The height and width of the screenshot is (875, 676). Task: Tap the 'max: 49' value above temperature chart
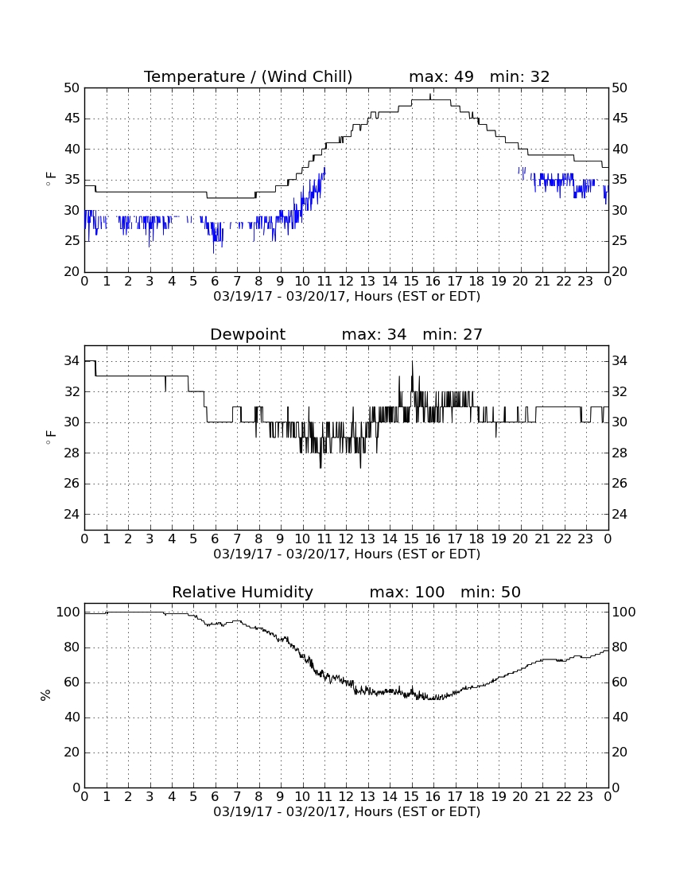point(441,76)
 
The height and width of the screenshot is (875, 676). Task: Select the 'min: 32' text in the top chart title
point(520,76)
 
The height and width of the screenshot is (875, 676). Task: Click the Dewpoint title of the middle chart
point(247,335)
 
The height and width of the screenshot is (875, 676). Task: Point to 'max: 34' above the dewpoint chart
point(375,334)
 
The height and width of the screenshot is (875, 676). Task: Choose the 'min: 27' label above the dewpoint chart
point(453,334)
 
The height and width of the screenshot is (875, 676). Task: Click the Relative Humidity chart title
point(243,592)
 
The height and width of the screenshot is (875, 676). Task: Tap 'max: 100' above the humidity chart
point(407,592)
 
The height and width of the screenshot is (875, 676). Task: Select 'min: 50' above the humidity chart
point(491,592)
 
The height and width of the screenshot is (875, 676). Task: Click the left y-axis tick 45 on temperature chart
point(72,119)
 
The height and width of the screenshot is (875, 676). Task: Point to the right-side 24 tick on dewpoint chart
point(619,514)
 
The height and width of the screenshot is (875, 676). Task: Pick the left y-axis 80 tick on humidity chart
point(72,647)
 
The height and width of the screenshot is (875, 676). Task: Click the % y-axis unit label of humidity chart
point(46,694)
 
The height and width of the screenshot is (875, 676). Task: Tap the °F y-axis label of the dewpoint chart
point(50,437)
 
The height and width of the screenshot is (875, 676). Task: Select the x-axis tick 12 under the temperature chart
point(346,282)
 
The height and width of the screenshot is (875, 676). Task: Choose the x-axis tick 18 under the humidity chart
point(477,797)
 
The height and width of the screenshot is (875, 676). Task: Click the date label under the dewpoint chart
point(347,554)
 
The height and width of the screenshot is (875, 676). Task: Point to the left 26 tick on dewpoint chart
point(72,484)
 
